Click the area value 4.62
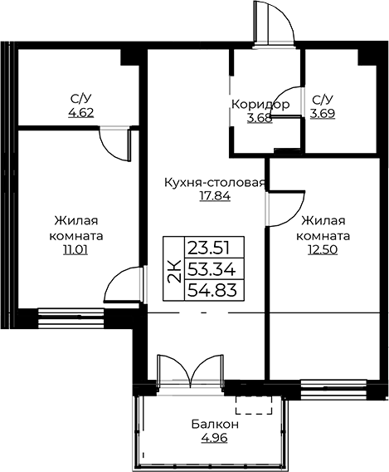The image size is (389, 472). click(81, 113)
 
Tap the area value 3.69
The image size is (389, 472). click(323, 114)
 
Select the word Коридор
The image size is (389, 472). click(260, 105)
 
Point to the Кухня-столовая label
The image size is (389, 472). click(215, 183)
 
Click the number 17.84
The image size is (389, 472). click(215, 196)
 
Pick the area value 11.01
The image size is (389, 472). click(75, 249)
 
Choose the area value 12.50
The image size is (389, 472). click(323, 249)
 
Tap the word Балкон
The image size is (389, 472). click(215, 424)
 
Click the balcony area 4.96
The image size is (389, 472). click(215, 438)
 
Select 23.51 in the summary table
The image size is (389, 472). click(209, 248)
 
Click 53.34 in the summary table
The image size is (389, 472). click(212, 269)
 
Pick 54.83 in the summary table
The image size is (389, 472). click(212, 290)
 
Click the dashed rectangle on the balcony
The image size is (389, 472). click(254, 405)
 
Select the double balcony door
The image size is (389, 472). click(191, 371)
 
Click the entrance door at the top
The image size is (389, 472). click(274, 22)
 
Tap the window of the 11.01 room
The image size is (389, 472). click(71, 317)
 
